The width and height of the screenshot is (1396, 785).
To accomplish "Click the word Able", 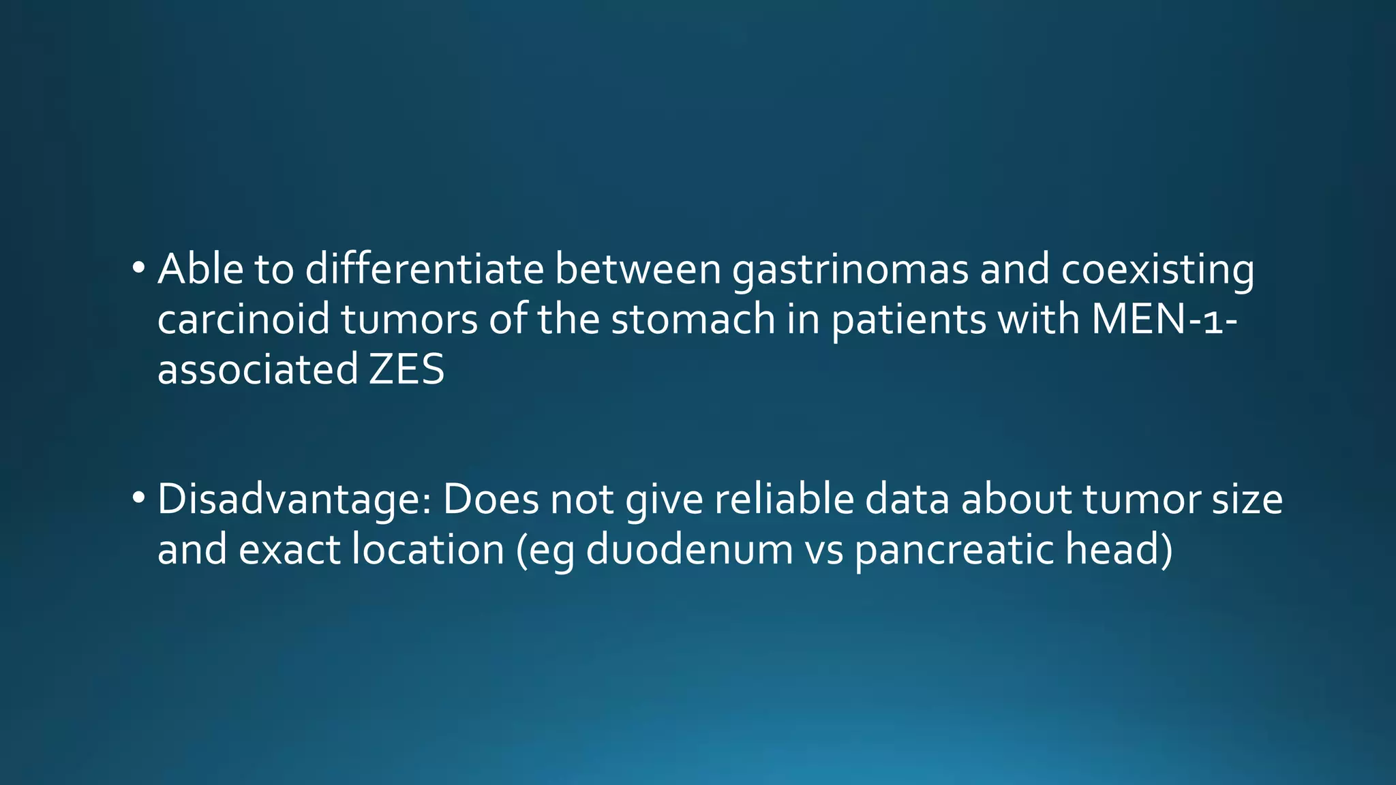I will (200, 269).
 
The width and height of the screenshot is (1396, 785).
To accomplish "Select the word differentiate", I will (424, 269).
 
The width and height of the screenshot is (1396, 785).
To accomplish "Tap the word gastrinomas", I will (850, 271).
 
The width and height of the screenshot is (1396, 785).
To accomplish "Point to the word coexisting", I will (1157, 271).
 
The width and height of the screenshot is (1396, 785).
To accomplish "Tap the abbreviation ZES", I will (407, 369).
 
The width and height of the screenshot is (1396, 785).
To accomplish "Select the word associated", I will (258, 369).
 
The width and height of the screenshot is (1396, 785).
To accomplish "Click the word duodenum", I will (689, 549).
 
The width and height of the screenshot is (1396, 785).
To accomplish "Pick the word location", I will (427, 549).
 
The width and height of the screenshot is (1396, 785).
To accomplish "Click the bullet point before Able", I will (138, 268).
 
